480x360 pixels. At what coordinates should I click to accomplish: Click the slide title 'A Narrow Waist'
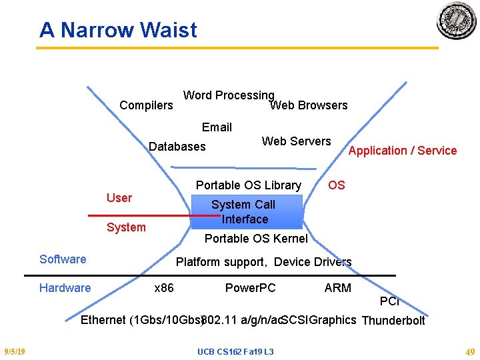118,30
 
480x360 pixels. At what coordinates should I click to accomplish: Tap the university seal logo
457,21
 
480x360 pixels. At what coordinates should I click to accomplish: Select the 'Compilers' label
146,105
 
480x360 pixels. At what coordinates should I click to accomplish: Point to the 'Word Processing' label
229,95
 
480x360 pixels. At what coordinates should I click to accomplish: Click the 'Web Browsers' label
309,105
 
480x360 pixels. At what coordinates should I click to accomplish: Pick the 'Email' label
217,127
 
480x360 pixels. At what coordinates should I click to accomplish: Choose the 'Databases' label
177,147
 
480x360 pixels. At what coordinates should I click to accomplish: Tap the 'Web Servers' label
296,141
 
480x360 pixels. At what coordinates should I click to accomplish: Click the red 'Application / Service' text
403,151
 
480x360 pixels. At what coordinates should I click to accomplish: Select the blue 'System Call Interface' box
247,212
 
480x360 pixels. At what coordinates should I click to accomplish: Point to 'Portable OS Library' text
248,185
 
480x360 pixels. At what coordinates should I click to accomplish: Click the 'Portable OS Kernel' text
256,239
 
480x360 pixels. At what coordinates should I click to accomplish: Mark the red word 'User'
119,198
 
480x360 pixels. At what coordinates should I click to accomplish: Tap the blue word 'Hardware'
65,288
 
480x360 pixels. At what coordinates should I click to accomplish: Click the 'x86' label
164,288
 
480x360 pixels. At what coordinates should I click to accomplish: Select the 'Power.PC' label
250,288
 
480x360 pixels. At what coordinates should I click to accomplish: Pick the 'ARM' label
337,288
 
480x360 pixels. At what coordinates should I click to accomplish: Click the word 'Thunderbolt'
393,321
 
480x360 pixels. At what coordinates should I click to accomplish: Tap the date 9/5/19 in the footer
14,351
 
